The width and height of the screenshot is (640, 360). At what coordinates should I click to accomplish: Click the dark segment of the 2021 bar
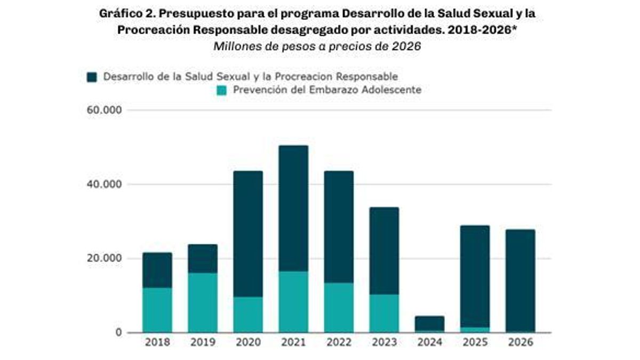tap(293, 208)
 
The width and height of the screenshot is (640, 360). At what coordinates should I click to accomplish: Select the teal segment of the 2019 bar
tap(203, 302)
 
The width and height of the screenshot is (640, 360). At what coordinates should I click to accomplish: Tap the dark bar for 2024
tap(429, 323)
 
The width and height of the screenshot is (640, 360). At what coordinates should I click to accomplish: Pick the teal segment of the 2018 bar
tap(157, 310)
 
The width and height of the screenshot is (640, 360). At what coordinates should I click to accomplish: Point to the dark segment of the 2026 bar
tap(520, 280)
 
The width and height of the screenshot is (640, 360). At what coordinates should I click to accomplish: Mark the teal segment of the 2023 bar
tap(384, 313)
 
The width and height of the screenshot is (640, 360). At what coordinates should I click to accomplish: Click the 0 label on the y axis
tap(118, 333)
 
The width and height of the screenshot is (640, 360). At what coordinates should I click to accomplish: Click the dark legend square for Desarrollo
tap(92, 77)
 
